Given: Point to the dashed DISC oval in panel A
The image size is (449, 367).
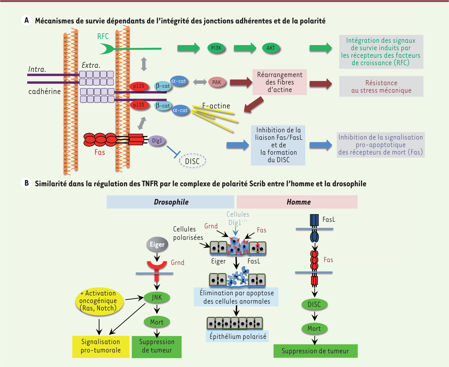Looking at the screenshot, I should (x=193, y=161).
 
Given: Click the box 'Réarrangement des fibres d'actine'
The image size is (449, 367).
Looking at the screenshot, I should (x=277, y=82).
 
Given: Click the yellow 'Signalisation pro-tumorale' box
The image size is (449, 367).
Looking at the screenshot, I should (x=101, y=346).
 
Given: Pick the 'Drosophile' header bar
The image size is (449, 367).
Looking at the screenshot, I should (x=170, y=202).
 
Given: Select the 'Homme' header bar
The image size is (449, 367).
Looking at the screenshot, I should (x=297, y=202).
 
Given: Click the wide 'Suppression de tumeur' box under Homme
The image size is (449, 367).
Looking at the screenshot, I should (x=315, y=351).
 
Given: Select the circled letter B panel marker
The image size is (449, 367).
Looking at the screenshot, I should (x=26, y=184).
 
